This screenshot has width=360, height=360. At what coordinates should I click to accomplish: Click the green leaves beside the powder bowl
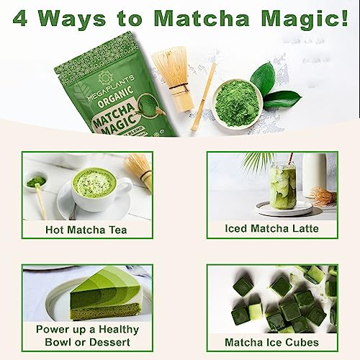[x=270, y=90]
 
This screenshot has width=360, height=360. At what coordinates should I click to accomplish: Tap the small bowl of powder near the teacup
[x=36, y=181]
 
